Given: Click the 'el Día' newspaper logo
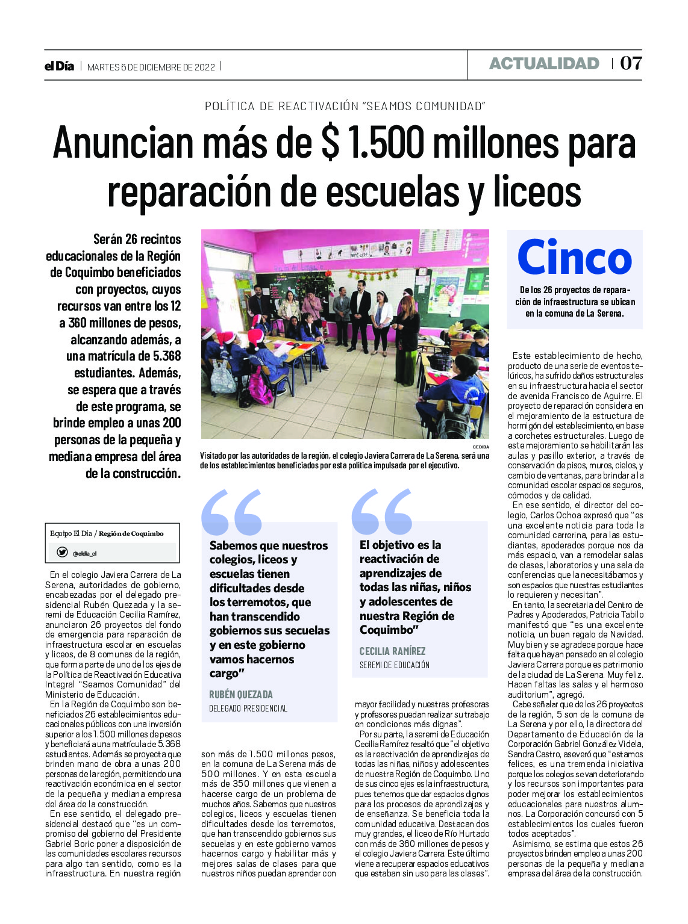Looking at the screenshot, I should [x=59, y=66].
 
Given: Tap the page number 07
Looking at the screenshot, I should [x=631, y=63].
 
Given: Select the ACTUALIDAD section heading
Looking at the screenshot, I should [x=544, y=64].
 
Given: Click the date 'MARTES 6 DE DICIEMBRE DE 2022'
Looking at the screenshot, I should [x=151, y=67].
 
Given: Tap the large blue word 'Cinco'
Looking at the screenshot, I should [x=574, y=258].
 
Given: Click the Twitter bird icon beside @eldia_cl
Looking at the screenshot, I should [x=62, y=552].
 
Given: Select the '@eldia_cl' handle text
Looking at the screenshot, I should [x=85, y=553].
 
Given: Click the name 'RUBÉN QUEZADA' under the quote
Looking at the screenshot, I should [x=241, y=694].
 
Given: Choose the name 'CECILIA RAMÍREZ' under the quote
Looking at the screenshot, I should [x=392, y=651].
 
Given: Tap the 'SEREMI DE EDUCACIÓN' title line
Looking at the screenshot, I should [x=395, y=665].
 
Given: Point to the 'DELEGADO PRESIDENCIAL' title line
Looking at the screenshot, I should [x=248, y=709].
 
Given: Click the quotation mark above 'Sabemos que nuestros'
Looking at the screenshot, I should [x=231, y=512].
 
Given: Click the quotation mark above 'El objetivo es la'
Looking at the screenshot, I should [x=381, y=512].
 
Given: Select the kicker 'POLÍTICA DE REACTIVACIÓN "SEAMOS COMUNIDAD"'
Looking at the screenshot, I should [x=345, y=107].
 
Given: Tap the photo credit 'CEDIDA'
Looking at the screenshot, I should [x=481, y=447].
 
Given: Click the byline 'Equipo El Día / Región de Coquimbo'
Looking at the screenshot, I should [x=107, y=533].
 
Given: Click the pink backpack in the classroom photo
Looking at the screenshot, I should [x=260, y=386].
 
